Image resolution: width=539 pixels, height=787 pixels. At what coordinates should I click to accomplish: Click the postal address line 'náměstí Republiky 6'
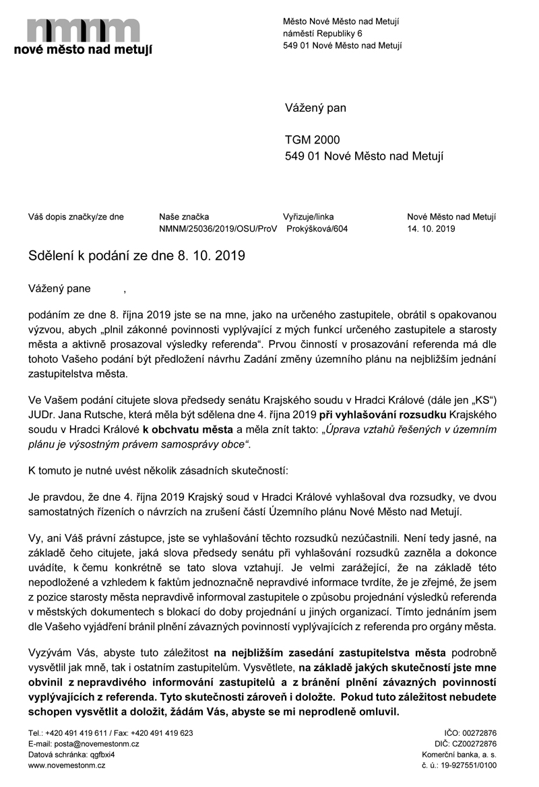point(322,33)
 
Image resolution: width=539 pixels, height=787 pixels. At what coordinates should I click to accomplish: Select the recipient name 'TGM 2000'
point(313,140)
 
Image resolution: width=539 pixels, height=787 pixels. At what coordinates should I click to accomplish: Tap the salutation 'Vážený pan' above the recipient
point(315,108)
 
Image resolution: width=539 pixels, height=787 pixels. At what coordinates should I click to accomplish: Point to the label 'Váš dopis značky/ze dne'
point(76,217)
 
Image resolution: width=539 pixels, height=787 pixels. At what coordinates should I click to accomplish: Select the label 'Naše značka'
point(184,217)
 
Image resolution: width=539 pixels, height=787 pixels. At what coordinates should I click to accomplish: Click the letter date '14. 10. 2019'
point(431,229)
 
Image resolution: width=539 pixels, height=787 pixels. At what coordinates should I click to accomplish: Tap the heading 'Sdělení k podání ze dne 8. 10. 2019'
point(136,256)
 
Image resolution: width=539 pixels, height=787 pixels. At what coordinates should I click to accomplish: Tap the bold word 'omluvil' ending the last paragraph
point(379,712)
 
